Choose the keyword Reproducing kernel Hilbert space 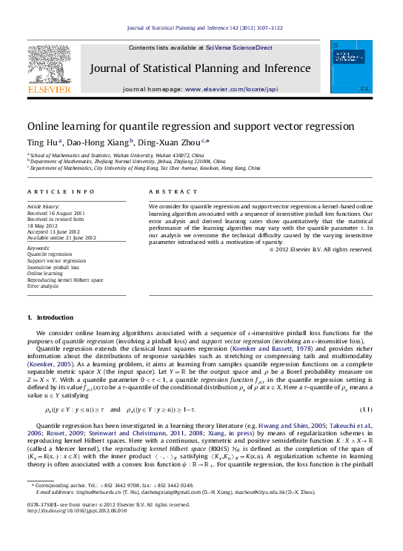click(65, 279)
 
